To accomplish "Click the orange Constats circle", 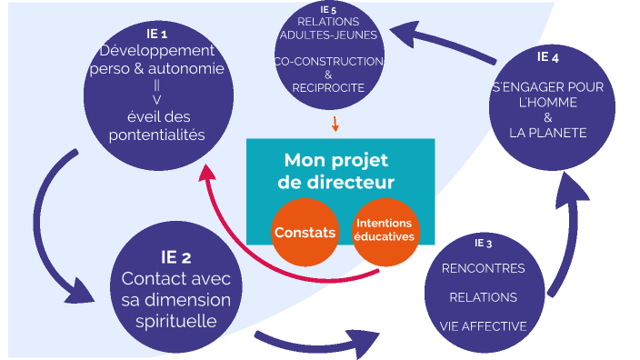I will (x=305, y=233).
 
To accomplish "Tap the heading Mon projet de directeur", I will (x=338, y=171).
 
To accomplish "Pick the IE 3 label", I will (x=483, y=244).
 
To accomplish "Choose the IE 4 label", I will (x=547, y=57).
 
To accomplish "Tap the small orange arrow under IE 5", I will (x=335, y=124).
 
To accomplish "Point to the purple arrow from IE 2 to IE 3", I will (x=318, y=344).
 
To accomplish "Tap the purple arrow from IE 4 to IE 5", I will (x=445, y=41).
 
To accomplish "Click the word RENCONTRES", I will (x=483, y=269).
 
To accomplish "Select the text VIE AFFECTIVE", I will (x=483, y=325).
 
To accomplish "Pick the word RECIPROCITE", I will (x=328, y=88).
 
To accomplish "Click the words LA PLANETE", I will (x=547, y=133).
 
